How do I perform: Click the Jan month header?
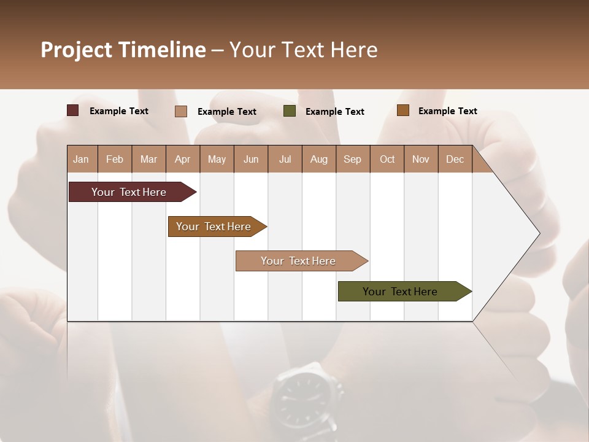coord(81,159)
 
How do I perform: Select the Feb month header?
coord(115,159)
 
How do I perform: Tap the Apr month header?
coord(182,159)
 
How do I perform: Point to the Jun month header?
coord(251,159)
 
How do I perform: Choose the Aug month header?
coord(318,159)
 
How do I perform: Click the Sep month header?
coord(352,159)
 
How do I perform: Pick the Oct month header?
coord(387,159)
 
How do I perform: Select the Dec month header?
coord(455,159)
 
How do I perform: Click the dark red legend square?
coord(73,110)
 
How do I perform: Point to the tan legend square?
coord(181,111)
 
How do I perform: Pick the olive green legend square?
coord(290,111)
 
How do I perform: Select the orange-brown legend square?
coord(402,110)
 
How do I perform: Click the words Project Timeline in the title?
coord(123,50)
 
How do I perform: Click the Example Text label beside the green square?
coord(334,112)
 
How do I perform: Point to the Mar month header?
coord(148,159)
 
